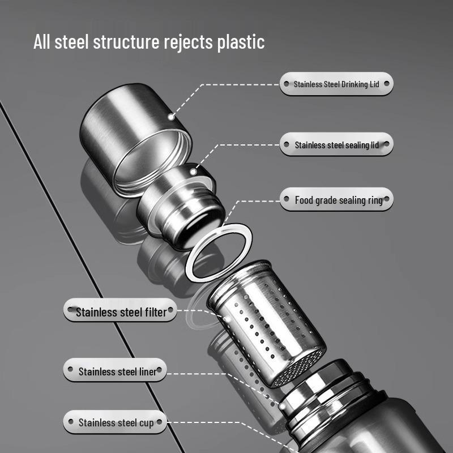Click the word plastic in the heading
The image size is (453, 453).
point(241,42)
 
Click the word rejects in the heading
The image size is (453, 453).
point(189,42)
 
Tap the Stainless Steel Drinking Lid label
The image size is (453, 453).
point(336,84)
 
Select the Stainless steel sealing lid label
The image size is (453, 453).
point(336,144)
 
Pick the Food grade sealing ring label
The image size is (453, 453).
point(336,199)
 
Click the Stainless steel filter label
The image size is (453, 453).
point(120,310)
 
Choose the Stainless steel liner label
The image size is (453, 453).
point(115,370)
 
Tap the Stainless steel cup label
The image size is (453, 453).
point(115,422)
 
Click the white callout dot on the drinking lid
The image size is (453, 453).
point(171,117)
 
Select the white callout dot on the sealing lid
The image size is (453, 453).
point(193,172)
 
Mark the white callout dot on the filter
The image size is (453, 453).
point(228,319)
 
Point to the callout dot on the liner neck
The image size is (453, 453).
point(282,407)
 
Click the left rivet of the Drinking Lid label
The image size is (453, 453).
point(287,84)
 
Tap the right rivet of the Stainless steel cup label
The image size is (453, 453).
point(159,422)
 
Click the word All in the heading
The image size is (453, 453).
point(42,41)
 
